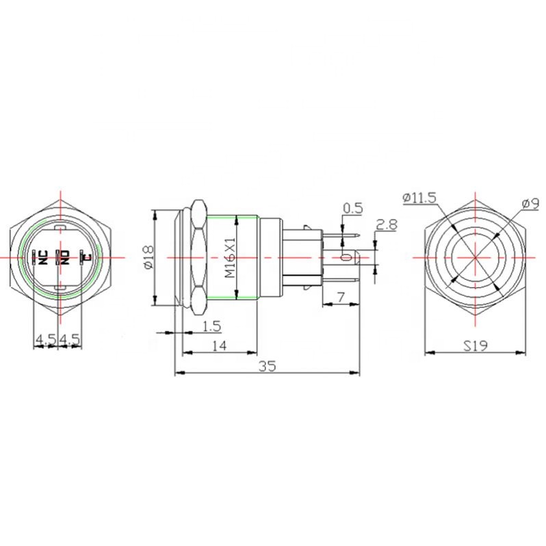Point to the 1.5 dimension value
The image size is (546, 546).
pos(212,326)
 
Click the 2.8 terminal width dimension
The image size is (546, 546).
pos(387,224)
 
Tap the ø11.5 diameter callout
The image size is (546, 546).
pos(419,198)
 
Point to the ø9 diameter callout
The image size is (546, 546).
pos(526,203)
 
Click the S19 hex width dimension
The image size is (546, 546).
pos(475,347)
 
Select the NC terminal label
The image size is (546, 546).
pos(42,257)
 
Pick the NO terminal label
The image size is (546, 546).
pos(66,257)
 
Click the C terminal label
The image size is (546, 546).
pos(86,257)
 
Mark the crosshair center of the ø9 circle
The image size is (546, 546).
pos(475,257)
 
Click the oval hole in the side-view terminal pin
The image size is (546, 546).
pos(346,257)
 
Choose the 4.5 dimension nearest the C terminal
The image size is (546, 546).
pos(70,339)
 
